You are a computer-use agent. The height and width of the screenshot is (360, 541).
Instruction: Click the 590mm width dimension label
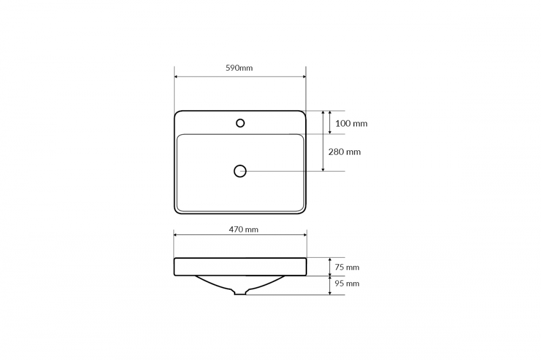(239, 68)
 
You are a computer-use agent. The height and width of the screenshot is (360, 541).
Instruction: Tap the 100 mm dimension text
(351, 123)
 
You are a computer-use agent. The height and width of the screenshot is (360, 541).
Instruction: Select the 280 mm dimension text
(344, 152)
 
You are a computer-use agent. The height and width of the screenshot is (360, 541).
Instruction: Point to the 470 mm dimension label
(243, 229)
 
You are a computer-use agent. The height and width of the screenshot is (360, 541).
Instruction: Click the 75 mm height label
(347, 267)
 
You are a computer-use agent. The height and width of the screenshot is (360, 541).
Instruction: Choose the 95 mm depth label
(347, 283)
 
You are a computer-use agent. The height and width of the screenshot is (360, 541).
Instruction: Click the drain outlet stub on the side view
(240, 293)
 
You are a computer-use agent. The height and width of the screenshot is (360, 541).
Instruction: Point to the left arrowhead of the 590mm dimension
(176, 77)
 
